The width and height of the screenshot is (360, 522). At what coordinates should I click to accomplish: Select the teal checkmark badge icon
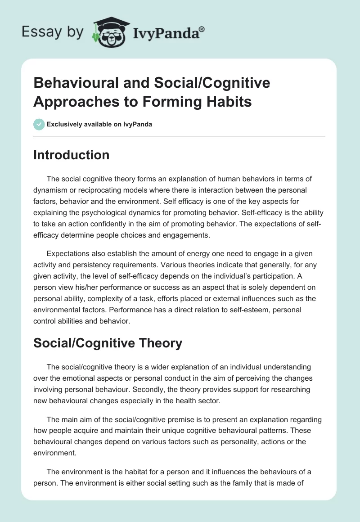[39, 124]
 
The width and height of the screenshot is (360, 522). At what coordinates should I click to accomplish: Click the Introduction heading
[71, 155]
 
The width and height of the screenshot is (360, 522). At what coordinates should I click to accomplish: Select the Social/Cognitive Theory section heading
[108, 343]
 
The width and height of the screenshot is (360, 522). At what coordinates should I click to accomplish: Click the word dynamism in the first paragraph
[53, 190]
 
